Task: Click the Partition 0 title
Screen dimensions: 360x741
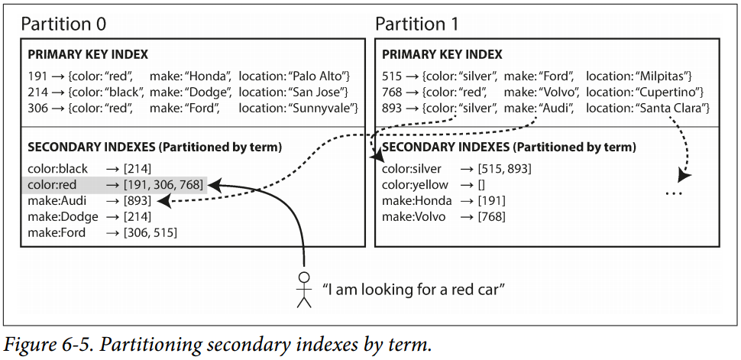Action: pyautogui.click(x=63, y=24)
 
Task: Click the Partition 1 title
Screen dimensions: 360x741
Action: pyautogui.click(x=416, y=24)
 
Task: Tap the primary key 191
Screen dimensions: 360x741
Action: pyautogui.click(x=37, y=76)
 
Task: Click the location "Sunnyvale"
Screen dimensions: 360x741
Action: pyautogui.click(x=325, y=109)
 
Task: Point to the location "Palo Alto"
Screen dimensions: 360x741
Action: pyautogui.click(x=321, y=76)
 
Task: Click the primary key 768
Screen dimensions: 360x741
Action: pyautogui.click(x=391, y=92)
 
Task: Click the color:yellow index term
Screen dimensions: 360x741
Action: pyautogui.click(x=415, y=184)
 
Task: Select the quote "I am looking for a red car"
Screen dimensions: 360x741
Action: pyautogui.click(x=414, y=290)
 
